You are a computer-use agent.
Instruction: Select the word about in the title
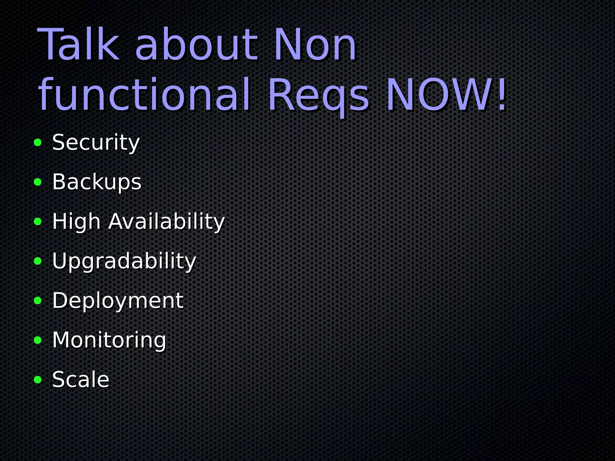click(x=197, y=45)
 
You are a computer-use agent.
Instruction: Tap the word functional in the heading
click(x=144, y=95)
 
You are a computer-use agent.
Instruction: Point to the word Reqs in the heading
click(x=318, y=95)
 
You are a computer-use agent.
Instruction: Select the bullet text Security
click(x=96, y=143)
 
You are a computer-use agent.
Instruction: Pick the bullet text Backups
click(x=97, y=182)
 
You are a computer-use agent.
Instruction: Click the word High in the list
click(x=76, y=222)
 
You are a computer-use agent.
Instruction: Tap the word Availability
click(x=167, y=222)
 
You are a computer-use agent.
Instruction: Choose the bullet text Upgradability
click(x=124, y=261)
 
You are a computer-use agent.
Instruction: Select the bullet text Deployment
click(x=118, y=301)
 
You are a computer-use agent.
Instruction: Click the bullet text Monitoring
click(x=109, y=340)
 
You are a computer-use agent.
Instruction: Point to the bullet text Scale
click(x=81, y=380)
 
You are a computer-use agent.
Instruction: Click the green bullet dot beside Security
click(x=38, y=143)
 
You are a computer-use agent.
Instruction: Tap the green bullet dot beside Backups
click(x=38, y=182)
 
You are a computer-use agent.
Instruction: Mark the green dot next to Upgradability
click(x=38, y=261)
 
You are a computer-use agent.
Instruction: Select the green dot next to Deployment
click(x=38, y=301)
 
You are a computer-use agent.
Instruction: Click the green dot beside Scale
click(x=38, y=380)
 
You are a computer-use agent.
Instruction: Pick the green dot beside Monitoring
click(x=38, y=340)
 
